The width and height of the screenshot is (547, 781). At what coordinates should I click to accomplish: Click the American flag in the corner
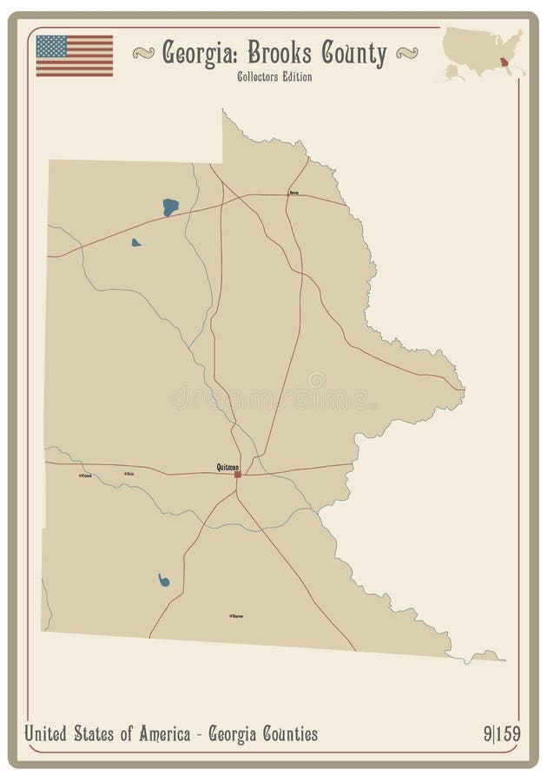[75, 56]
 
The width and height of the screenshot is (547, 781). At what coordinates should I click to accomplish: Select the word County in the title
[353, 55]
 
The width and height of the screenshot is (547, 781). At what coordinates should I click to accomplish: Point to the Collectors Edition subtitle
[273, 77]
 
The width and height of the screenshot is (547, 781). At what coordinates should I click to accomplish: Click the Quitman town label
[227, 467]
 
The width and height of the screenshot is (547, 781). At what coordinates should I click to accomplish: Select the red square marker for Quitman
[237, 474]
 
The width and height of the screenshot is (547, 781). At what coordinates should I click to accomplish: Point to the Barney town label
[293, 193]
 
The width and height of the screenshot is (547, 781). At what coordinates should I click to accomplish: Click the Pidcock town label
[85, 475]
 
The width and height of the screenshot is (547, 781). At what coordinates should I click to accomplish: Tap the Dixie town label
[129, 474]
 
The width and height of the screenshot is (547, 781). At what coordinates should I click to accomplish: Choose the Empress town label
[235, 616]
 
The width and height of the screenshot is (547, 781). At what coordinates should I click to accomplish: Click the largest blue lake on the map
[170, 207]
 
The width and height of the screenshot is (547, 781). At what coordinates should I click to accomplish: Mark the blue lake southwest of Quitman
[163, 580]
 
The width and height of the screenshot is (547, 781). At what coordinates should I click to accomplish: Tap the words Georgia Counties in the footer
[262, 734]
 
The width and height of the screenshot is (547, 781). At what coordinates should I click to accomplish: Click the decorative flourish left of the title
[143, 55]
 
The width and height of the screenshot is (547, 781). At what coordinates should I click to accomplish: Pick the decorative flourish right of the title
[407, 55]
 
